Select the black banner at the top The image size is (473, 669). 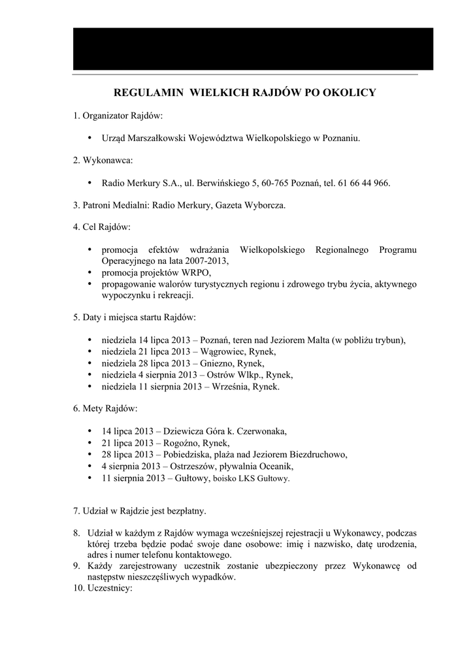(253, 49)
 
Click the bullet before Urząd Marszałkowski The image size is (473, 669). (89, 138)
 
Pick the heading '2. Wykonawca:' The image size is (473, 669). (103, 160)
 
